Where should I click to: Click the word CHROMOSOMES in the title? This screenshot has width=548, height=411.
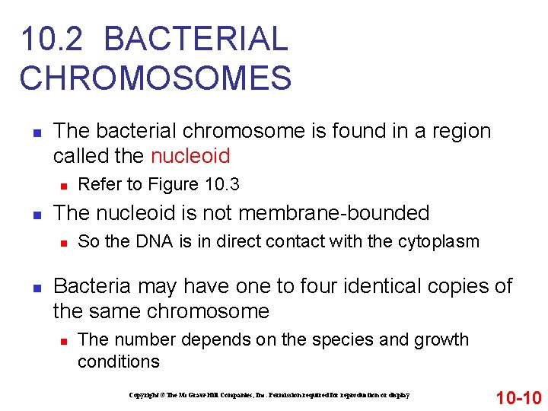[x=156, y=78]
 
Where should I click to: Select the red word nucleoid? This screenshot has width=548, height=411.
[x=190, y=156]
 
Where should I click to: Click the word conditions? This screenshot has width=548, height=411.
[x=119, y=361]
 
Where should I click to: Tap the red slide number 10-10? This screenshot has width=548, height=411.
[x=518, y=397]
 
